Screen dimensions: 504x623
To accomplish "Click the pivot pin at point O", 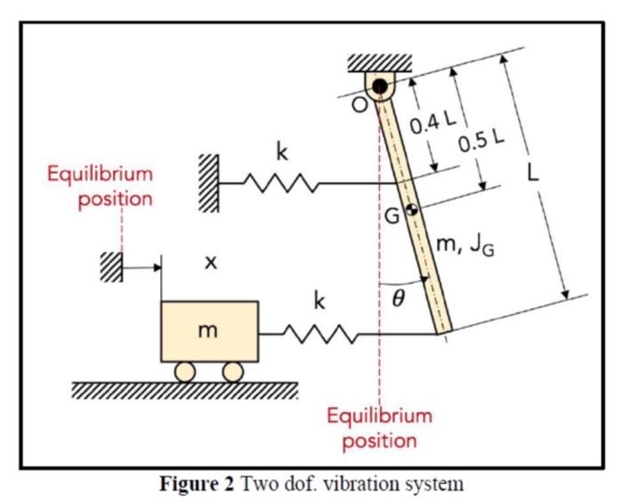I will click(x=380, y=87).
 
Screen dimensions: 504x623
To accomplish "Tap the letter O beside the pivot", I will click(x=358, y=106).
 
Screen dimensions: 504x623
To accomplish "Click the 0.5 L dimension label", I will click(x=482, y=140).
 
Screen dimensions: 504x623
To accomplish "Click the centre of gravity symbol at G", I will click(x=410, y=211).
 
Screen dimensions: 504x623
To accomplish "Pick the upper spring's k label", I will click(x=282, y=152).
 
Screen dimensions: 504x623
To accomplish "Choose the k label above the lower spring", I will click(x=318, y=302).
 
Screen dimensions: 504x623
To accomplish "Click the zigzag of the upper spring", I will click(x=280, y=184).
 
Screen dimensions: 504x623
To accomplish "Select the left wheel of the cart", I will click(x=185, y=371).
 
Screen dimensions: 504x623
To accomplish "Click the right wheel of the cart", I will click(x=233, y=371).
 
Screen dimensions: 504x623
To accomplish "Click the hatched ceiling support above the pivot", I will click(x=380, y=62).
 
